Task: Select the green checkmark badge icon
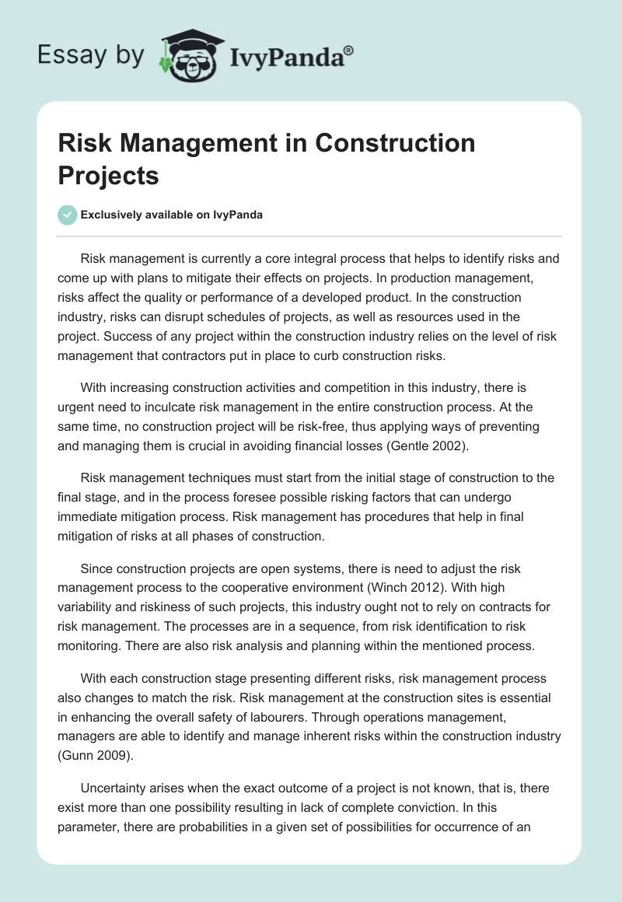pyautogui.click(x=68, y=215)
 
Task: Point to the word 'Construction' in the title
pyautogui.click(x=396, y=143)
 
